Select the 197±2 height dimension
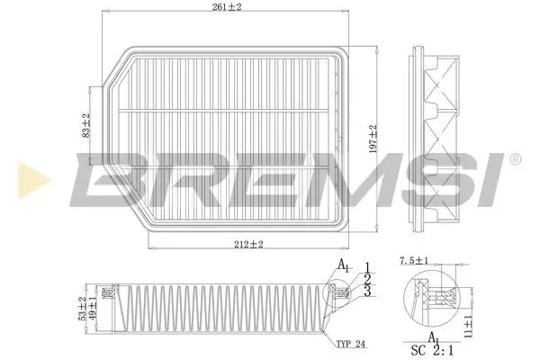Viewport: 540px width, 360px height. click(x=373, y=139)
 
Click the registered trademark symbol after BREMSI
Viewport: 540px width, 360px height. click(x=514, y=160)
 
